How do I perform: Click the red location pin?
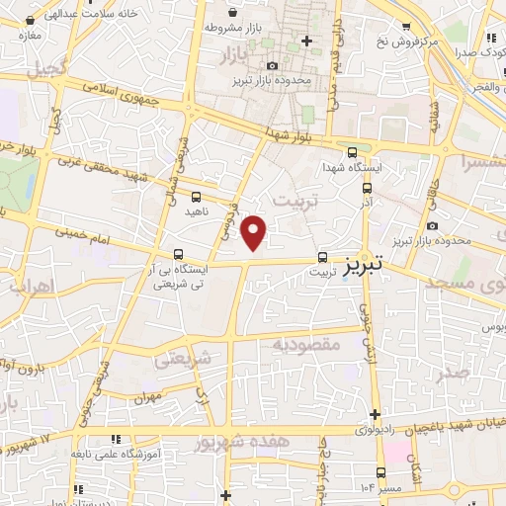pos(255,232)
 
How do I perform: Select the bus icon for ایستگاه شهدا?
pos(353,151)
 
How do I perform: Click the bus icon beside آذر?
pos(367,187)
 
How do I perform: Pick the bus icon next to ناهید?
pos(195,197)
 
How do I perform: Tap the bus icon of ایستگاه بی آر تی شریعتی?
pos(179,253)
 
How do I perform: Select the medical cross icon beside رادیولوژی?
pos(375,414)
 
